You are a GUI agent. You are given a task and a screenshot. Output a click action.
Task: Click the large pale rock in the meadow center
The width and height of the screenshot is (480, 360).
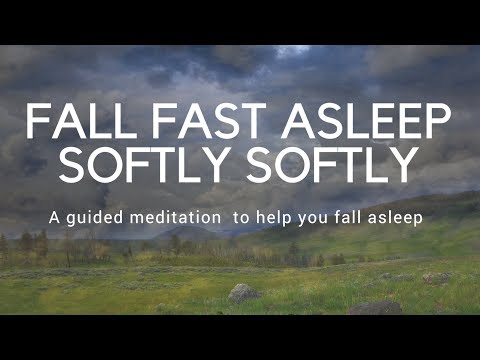[x=243, y=292]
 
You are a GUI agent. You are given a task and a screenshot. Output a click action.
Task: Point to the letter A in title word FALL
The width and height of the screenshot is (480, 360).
[x=63, y=123]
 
